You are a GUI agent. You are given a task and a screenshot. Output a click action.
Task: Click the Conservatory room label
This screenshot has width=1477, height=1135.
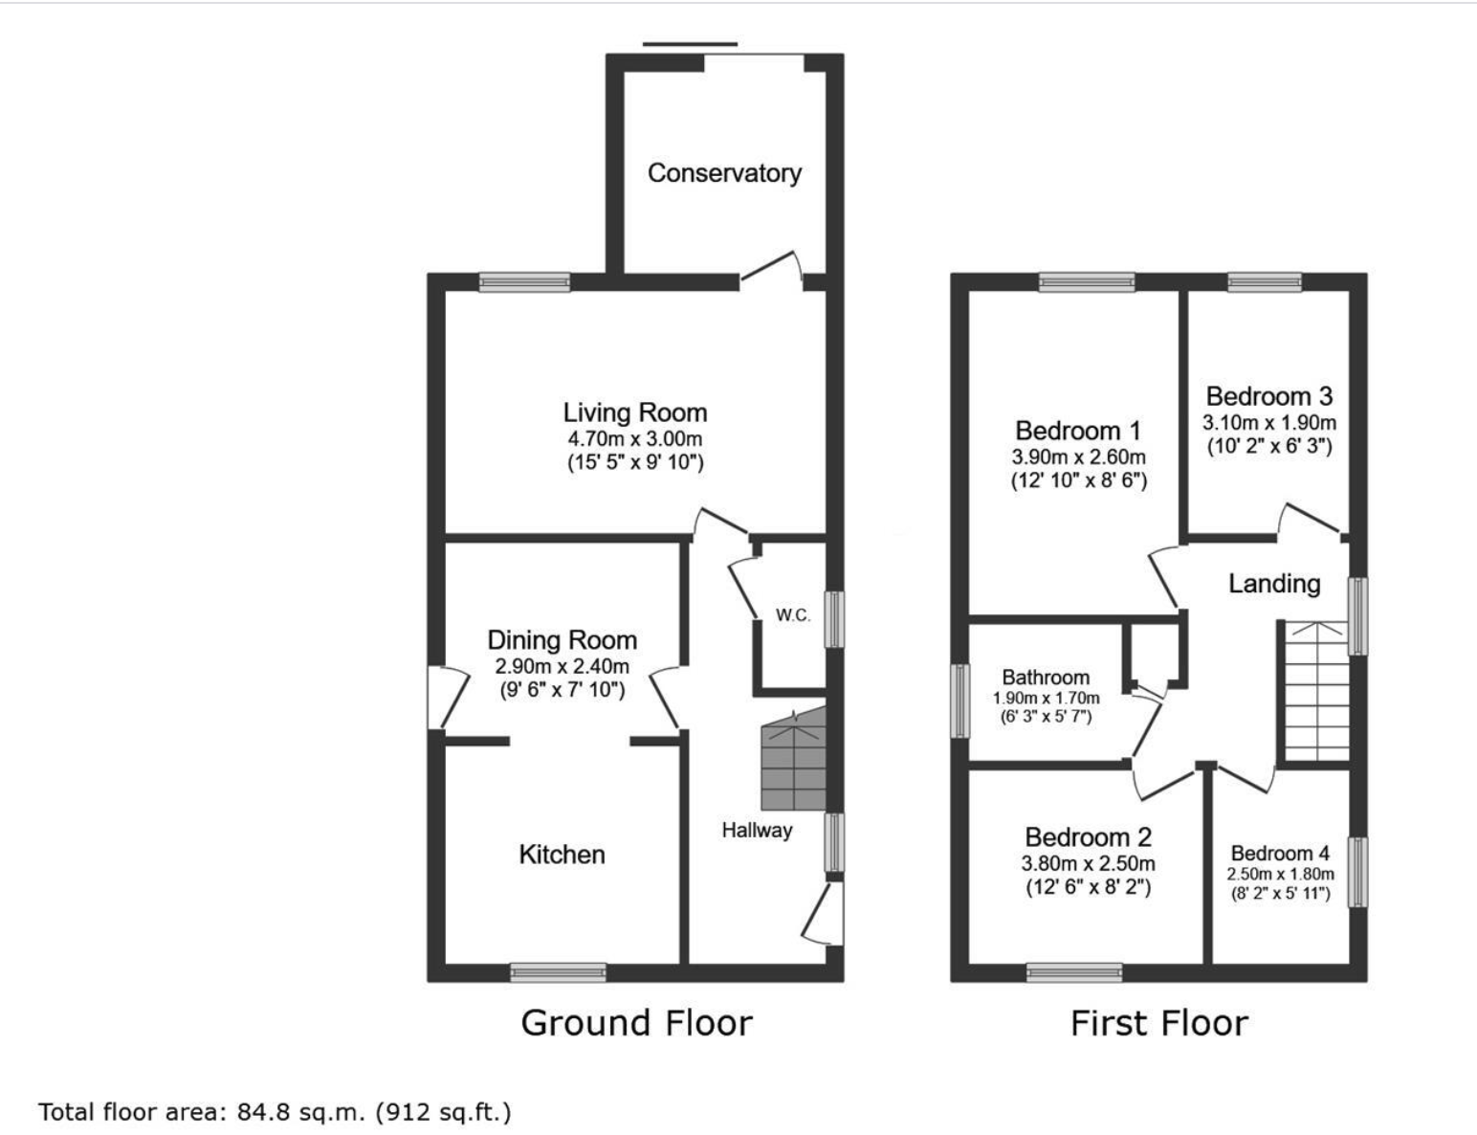click(x=724, y=173)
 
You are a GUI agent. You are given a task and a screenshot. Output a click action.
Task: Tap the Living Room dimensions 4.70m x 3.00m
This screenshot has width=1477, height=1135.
click(x=635, y=438)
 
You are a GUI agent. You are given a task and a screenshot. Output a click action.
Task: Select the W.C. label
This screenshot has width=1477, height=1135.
click(x=793, y=615)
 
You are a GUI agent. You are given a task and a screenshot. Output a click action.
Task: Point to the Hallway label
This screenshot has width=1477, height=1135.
click(x=757, y=830)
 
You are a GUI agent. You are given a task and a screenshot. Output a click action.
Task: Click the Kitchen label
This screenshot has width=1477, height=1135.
click(x=562, y=855)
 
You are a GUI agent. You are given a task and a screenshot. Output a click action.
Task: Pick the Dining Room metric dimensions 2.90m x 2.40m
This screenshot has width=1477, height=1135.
click(x=562, y=666)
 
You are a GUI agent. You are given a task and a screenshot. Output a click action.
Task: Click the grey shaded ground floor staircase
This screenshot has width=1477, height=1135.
click(x=793, y=759)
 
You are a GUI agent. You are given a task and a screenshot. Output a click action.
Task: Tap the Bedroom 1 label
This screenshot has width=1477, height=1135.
click(x=1078, y=431)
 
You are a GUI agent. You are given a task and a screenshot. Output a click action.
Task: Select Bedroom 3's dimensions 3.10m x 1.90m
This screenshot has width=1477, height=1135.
click(x=1269, y=423)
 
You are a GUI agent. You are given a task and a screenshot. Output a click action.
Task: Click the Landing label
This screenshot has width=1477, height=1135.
click(x=1274, y=583)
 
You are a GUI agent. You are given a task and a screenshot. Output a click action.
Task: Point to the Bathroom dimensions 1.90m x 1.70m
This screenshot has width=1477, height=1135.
click(x=1047, y=698)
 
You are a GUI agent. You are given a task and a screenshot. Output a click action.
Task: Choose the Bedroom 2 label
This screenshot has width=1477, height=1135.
click(x=1089, y=836)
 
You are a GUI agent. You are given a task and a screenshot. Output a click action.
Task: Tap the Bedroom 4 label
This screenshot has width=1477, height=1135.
click(x=1281, y=853)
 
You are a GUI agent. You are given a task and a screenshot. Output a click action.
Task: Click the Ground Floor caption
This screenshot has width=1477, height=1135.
click(x=637, y=1023)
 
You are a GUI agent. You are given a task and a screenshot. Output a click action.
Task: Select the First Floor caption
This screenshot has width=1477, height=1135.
click(x=1159, y=1023)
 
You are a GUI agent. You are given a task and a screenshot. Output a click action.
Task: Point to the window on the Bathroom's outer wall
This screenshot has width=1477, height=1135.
click(x=959, y=701)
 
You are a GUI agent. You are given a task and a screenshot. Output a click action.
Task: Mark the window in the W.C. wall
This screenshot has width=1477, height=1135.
click(x=835, y=619)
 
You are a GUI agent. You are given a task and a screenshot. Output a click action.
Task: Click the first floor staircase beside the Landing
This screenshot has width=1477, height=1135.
click(x=1316, y=691)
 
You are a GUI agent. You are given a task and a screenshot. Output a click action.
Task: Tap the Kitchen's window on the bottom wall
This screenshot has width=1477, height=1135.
click(x=558, y=972)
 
